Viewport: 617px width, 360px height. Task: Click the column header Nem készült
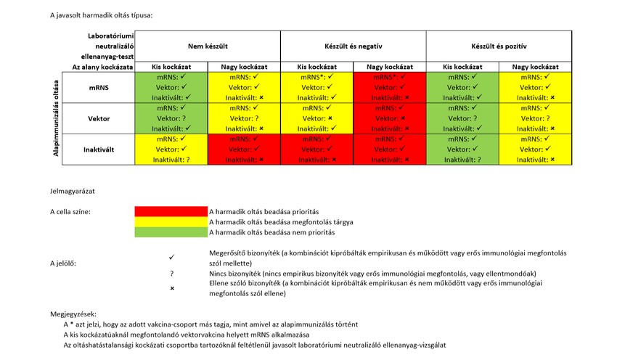click(208, 46)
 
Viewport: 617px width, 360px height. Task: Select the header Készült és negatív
click(354, 46)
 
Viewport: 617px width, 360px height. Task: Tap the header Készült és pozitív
click(499, 46)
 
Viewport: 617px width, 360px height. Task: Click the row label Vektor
click(99, 118)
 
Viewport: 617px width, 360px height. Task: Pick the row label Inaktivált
click(99, 149)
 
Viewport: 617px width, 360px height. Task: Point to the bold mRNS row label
click(99, 87)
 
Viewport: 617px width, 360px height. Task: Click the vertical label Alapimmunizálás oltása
click(55, 118)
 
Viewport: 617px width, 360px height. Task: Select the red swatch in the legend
click(171, 211)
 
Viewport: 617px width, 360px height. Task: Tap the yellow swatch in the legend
click(171, 221)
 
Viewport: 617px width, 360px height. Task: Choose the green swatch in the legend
click(171, 232)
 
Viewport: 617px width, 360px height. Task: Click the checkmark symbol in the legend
click(172, 257)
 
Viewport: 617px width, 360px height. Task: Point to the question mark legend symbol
click(172, 273)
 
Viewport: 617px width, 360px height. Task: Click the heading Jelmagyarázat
click(73, 192)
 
